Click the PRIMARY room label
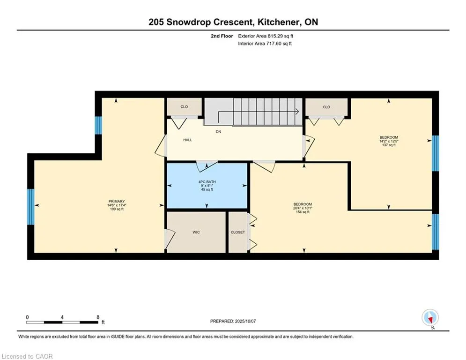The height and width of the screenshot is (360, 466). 117,202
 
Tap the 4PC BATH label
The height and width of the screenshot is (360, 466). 207,182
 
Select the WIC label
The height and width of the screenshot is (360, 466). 196,232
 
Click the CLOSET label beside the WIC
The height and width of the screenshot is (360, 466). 238,232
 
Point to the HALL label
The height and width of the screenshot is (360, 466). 187,140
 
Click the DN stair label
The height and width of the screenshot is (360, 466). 218,132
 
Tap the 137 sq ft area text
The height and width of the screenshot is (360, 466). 389,145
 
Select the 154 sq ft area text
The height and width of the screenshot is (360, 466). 303,212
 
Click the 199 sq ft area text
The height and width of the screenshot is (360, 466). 117,209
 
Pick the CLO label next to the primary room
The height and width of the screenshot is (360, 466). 184,107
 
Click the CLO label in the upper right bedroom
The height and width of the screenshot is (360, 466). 326,107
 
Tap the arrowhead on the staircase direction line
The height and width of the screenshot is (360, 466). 297,112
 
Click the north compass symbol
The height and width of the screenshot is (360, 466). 430,318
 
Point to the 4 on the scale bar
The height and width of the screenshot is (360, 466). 62,317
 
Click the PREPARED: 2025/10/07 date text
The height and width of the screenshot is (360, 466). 233,321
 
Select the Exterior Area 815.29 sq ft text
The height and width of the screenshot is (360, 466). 266,36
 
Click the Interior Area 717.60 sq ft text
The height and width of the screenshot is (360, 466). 265,44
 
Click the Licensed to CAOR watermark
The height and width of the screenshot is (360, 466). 27,356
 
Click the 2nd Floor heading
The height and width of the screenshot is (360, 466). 222,36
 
